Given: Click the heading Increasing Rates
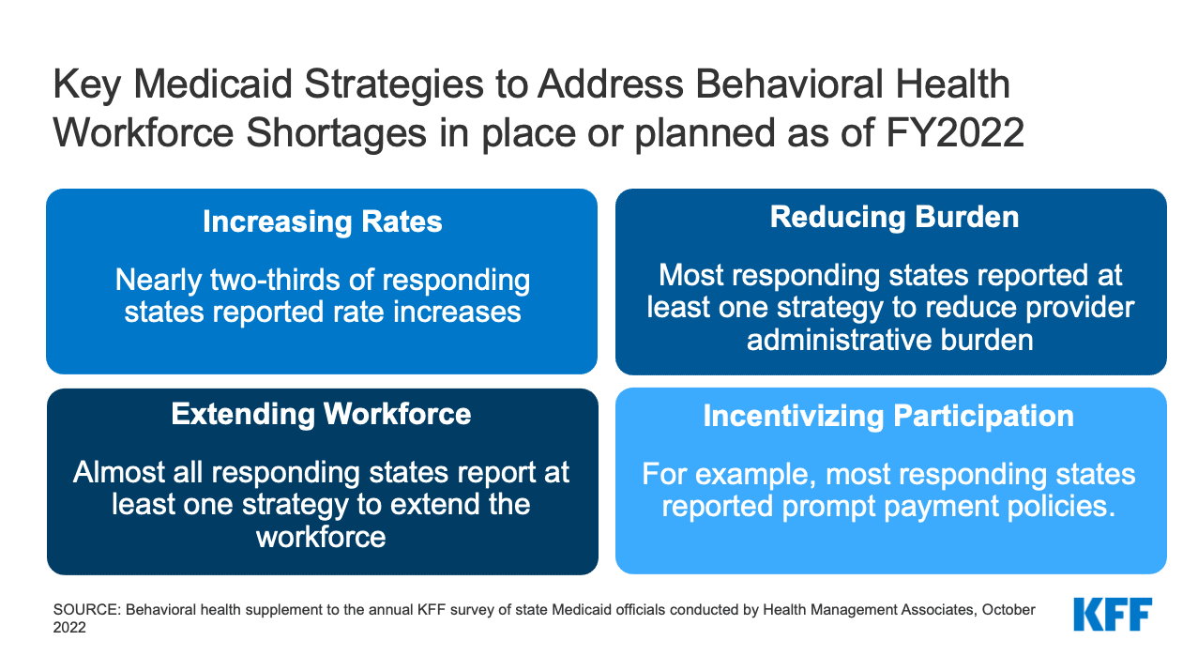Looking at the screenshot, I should coord(322,222).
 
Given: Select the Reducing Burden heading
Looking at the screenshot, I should coord(894,218).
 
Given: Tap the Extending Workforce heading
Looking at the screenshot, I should coord(321,414).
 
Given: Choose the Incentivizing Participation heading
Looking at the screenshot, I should coord(888,417).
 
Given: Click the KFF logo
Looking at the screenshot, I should coord(1113,615).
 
